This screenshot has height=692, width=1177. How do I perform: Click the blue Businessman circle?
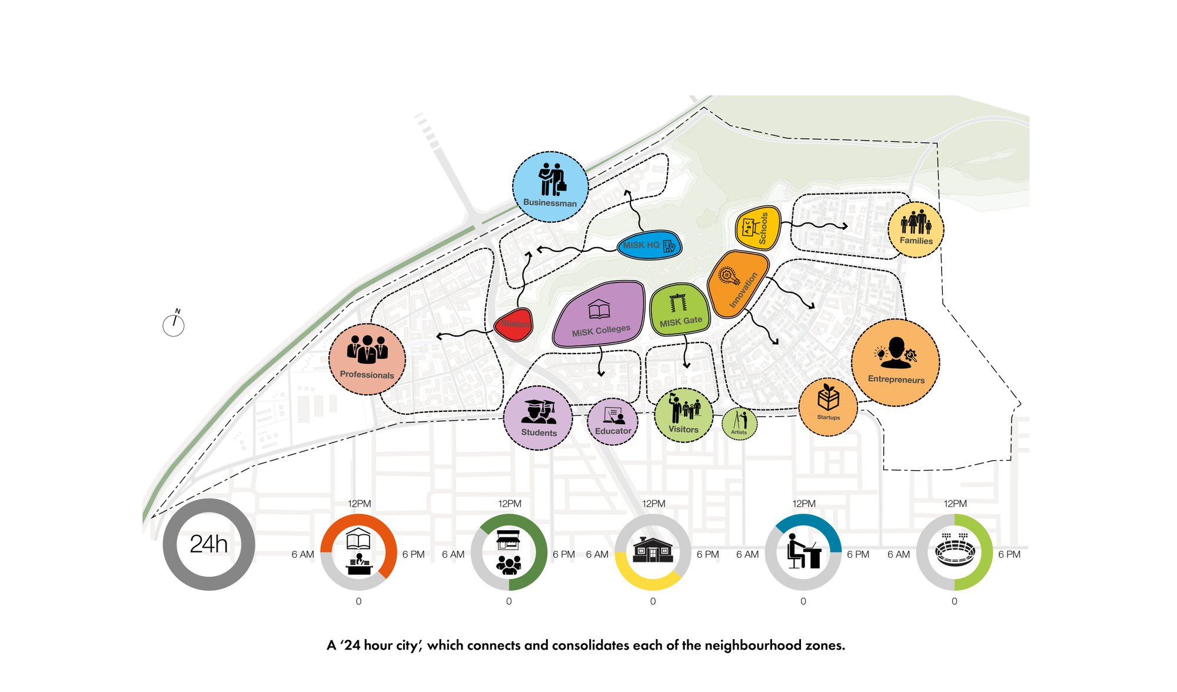[550, 187]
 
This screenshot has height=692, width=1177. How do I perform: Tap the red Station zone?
[514, 324]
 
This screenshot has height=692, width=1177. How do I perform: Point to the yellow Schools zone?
[758, 228]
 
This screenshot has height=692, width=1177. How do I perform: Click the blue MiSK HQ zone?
[650, 245]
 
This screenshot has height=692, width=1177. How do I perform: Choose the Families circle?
[916, 229]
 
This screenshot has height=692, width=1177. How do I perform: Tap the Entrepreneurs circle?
[895, 362]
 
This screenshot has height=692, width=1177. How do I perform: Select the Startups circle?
[828, 407]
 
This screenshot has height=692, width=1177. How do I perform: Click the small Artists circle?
[739, 423]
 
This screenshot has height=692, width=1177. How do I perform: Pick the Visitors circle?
[683, 415]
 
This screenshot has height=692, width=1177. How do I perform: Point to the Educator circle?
[613, 421]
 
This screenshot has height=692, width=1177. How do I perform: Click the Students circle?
[538, 418]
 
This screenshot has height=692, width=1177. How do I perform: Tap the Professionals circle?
[367, 359]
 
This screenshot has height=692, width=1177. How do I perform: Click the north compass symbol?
[174, 324]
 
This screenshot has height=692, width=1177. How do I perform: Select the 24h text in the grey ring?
[209, 544]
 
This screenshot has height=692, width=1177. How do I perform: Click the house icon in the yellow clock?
[653, 550]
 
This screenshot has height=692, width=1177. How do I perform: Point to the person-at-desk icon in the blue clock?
[803, 551]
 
